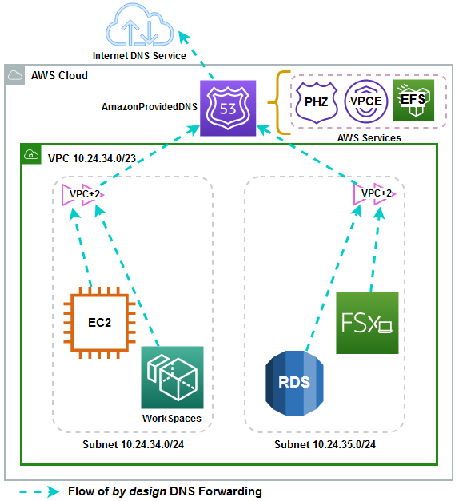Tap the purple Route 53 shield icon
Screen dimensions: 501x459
click(227, 107)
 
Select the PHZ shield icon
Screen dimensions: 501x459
click(317, 102)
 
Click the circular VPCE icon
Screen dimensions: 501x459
click(366, 102)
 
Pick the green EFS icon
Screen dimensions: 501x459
click(413, 102)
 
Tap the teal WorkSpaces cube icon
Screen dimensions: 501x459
click(171, 376)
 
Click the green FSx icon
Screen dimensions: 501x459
click(367, 323)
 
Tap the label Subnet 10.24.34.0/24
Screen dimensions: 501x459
click(133, 445)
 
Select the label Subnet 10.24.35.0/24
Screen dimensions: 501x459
click(325, 445)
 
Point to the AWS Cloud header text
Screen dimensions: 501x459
click(59, 76)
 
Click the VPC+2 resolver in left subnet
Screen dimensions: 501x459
click(85, 193)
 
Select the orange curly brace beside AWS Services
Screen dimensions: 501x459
click(281, 102)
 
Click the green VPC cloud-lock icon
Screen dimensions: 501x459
click(31, 155)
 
